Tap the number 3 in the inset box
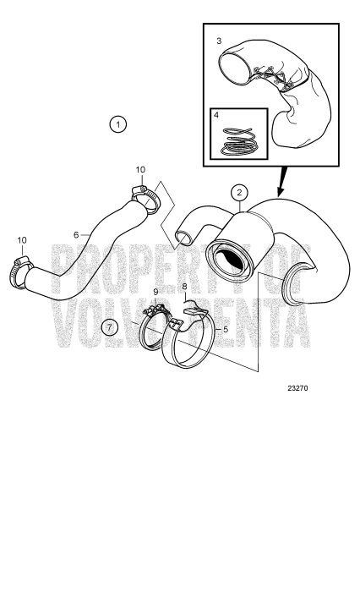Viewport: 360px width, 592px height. pos(218,40)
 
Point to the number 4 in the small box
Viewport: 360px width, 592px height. pos(216,114)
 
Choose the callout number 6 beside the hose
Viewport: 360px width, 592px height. pos(76,234)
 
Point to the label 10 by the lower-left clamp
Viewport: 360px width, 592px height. pos(21,240)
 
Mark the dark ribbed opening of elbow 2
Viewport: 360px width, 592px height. pos(230,260)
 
